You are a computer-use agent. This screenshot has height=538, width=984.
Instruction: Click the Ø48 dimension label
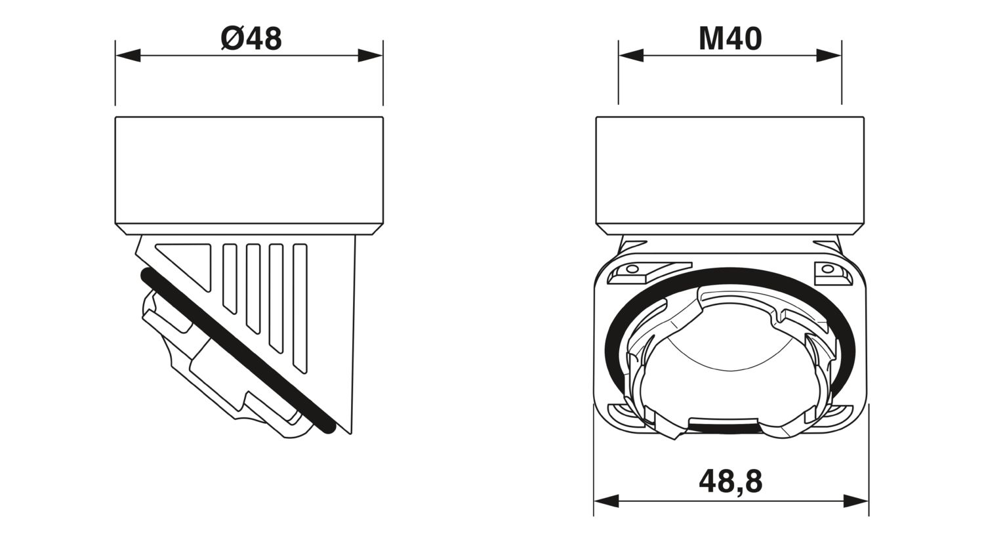(251, 39)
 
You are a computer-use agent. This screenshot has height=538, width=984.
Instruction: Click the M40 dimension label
(730, 39)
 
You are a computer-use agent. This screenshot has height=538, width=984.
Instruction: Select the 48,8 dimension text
(730, 481)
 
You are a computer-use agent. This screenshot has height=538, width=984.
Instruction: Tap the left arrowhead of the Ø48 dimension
(128, 56)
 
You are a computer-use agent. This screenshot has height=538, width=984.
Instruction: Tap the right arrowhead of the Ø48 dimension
(371, 56)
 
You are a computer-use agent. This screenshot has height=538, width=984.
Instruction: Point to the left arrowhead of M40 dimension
(630, 56)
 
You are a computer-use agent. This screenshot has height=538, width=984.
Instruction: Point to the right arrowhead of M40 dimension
(829, 56)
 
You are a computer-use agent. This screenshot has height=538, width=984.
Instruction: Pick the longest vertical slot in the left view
(300, 308)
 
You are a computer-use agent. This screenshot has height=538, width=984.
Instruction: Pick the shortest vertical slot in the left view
(229, 276)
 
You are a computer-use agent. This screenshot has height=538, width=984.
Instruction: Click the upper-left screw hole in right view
(632, 269)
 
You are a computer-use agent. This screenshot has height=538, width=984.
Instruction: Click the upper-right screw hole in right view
(828, 269)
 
